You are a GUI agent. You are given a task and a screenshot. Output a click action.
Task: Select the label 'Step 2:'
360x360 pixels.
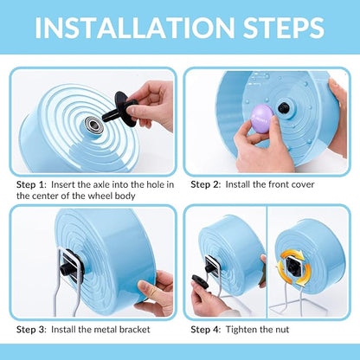click(205, 184)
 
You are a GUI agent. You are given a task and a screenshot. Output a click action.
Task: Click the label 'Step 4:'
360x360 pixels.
click(205, 330)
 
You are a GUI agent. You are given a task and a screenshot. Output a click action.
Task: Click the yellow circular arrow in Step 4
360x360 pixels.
click(288, 260)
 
